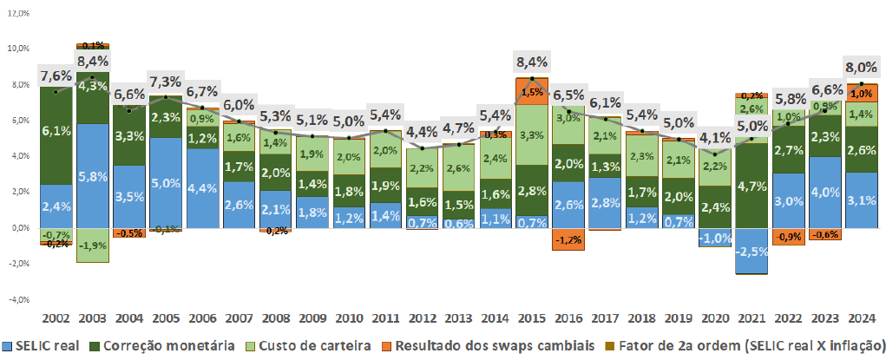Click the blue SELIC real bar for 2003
pos(92,176)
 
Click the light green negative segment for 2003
pos(92,245)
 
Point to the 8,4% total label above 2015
pos(531,62)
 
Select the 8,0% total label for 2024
pos(860,69)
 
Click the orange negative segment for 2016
pos(568,239)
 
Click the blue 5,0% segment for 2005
pos(165,183)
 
